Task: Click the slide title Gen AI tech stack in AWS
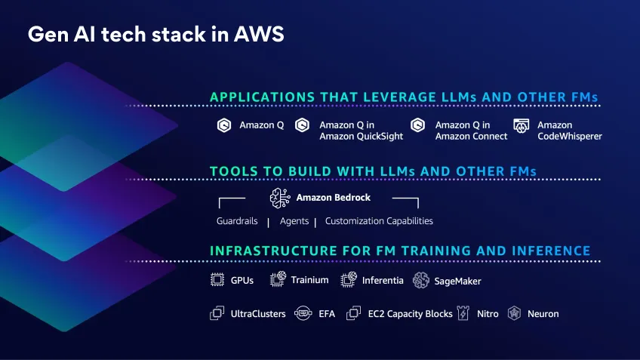[155, 35]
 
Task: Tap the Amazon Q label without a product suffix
[261, 125]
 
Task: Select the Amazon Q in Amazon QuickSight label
[361, 131]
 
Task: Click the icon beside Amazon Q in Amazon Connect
[418, 125]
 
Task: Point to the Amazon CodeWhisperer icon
[521, 125]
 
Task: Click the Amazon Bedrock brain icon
[279, 198]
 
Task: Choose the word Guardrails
[237, 221]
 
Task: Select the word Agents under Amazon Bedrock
[294, 221]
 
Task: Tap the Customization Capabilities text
[379, 221]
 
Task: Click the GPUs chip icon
[217, 280]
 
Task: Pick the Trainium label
[309, 280]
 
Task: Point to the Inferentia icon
[348, 280]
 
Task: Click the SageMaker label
[457, 281]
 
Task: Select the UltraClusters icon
[217, 313]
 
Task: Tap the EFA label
[326, 314]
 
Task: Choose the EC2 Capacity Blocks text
[410, 314]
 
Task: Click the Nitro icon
[464, 313]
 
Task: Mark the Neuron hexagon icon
[514, 313]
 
